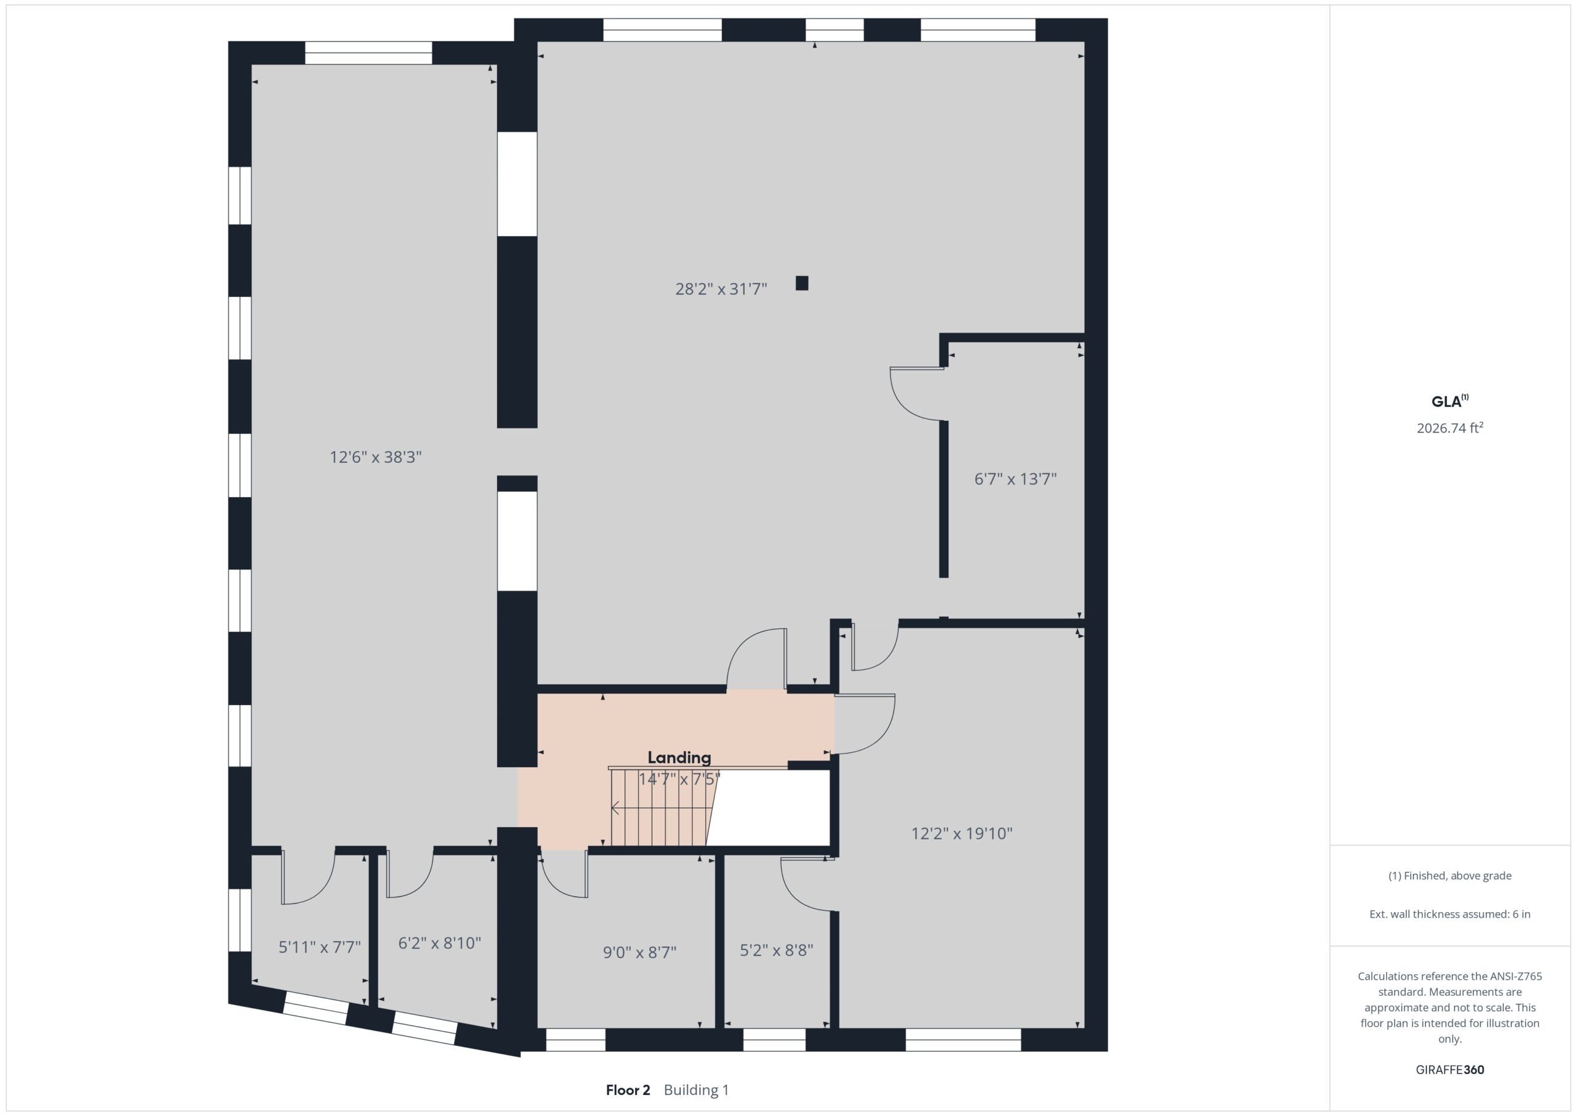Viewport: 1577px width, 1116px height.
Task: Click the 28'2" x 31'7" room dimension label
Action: [x=721, y=288]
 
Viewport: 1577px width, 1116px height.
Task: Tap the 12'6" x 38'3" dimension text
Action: [x=376, y=457]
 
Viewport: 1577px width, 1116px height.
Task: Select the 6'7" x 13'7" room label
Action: [x=1015, y=479]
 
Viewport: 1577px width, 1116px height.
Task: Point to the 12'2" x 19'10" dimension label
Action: [x=962, y=834]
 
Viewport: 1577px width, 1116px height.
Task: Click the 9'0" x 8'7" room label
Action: [x=639, y=953]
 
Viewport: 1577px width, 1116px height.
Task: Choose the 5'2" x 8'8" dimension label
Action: [x=776, y=950]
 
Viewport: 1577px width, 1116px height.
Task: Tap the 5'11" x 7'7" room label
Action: [x=319, y=948]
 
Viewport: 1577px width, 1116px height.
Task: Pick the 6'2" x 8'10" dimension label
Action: [x=440, y=943]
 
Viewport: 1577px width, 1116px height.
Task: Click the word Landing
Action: [x=679, y=758]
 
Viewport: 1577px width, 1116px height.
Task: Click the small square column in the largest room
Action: [x=801, y=283]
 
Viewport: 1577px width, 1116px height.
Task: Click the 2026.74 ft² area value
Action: [x=1450, y=428]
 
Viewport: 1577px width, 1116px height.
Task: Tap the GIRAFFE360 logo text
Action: [x=1450, y=1070]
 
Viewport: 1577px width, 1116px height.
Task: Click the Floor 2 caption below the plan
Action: [x=628, y=1090]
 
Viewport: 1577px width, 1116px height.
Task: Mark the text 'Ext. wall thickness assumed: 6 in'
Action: [x=1450, y=914]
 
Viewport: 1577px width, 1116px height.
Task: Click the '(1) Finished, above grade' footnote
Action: [x=1450, y=876]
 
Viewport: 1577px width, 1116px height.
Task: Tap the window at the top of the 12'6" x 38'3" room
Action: [x=369, y=53]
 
